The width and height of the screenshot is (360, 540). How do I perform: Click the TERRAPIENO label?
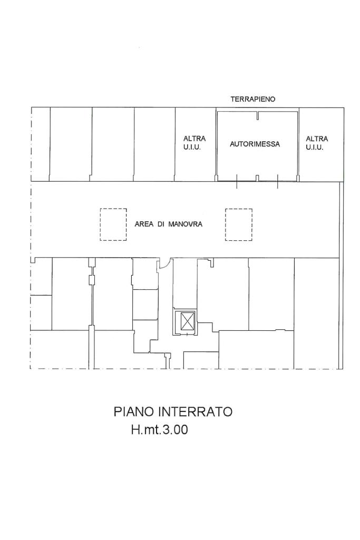pos(253,99)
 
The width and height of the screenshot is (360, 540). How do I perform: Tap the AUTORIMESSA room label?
pos(255,144)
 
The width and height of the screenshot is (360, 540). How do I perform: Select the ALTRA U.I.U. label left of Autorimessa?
pos(194,143)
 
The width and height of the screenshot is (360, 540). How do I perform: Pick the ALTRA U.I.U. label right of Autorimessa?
pos(317,143)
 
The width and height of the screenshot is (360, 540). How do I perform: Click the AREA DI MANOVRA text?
pos(169,224)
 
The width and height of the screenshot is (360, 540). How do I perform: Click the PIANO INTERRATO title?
pos(173,411)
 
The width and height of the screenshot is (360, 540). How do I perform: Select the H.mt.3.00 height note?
pos(160,430)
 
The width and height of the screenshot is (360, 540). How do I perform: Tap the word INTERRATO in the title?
pos(195,411)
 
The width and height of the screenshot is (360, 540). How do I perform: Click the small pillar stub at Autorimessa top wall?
pos(257,116)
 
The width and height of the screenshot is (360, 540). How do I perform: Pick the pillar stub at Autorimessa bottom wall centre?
pos(257,178)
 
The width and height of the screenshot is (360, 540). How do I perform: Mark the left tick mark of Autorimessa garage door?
pos(237,181)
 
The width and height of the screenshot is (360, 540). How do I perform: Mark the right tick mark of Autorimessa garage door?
pos(277,181)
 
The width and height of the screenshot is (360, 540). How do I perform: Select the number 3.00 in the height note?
pos(176,430)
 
